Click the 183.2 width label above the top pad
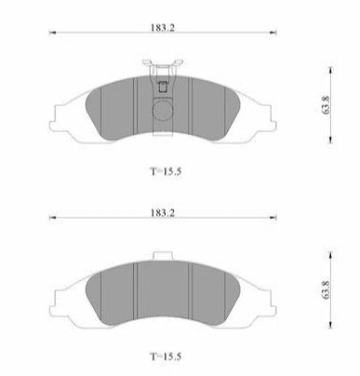pos(163,28)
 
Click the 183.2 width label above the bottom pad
pos(163,213)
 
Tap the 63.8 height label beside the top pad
pos(326,105)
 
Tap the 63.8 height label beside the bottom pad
pos(326,289)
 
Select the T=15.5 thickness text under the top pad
pos(166,171)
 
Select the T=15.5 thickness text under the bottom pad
pos(166,356)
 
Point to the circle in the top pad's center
pos(163,110)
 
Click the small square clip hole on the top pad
pos(163,87)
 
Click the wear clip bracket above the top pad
pos(163,68)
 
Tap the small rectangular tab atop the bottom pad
pos(163,256)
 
